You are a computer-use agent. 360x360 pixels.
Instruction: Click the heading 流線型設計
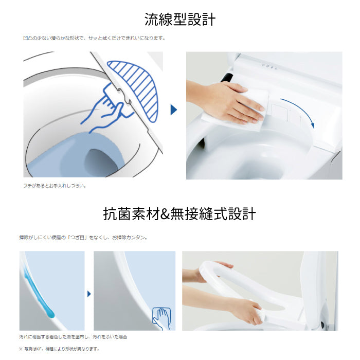[180, 20]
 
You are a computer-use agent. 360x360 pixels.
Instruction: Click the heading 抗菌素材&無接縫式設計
[179, 214]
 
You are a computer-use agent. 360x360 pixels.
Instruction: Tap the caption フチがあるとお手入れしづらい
[55, 186]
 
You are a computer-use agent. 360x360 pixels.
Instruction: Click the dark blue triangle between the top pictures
[174, 110]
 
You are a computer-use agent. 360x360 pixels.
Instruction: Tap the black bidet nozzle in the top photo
[227, 78]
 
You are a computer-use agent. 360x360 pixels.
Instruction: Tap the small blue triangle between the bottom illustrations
[89, 294]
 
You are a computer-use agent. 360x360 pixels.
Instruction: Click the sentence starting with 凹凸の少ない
[94, 38]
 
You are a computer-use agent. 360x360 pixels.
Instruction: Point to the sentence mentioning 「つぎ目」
[83, 238]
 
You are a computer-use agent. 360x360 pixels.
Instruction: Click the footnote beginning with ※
[60, 349]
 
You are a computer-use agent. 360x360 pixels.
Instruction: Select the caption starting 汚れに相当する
[73, 337]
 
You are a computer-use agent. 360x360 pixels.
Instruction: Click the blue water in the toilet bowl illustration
[76, 156]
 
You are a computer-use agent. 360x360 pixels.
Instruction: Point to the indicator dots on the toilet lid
[269, 66]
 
